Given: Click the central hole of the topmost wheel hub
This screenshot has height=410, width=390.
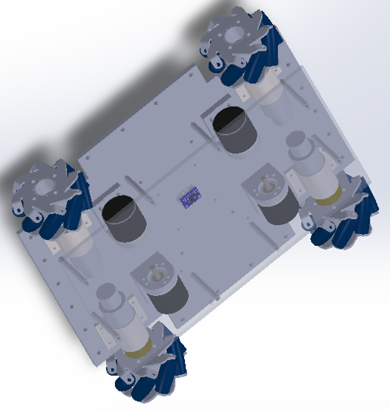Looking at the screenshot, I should tap(237, 37).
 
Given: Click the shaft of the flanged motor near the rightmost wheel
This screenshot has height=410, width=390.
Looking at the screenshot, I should tap(266, 182).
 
